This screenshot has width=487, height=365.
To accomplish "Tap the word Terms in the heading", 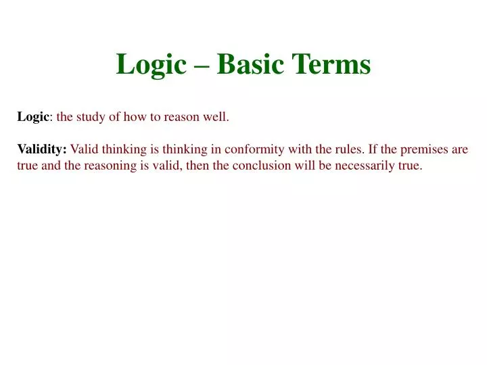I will pyautogui.click(x=331, y=65).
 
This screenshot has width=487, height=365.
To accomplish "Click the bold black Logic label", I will pyautogui.click(x=33, y=117).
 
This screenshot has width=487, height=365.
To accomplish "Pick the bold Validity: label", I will pyautogui.click(x=42, y=149).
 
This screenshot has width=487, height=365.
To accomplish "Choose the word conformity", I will pyautogui.click(x=254, y=149).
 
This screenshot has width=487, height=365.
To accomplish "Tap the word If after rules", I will pyautogui.click(x=374, y=149).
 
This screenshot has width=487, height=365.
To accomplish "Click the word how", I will pyautogui.click(x=142, y=117).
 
